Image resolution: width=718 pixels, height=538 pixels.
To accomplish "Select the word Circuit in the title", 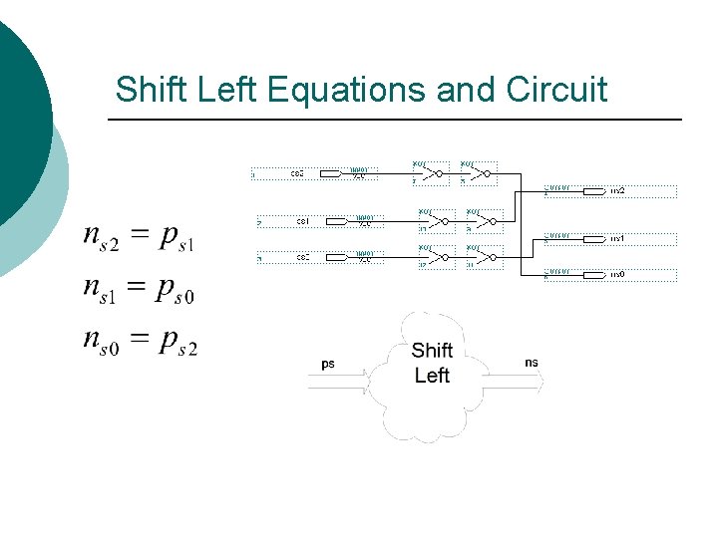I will (556, 90).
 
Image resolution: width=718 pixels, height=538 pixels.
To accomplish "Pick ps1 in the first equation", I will (176, 238).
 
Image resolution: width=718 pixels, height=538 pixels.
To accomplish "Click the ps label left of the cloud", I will (329, 364).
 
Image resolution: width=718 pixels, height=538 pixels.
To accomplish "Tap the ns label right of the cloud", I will (532, 363).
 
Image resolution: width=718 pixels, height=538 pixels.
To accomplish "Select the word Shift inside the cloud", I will (432, 351).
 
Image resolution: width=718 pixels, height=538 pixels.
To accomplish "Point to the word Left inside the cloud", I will (432, 376).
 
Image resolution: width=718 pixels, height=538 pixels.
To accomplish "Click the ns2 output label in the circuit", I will (617, 189).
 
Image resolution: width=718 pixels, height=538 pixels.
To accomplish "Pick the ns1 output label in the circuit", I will (617, 239).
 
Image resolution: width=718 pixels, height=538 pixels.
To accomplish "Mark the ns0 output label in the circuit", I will (617, 273).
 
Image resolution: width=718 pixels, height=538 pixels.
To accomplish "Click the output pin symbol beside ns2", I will (593, 189).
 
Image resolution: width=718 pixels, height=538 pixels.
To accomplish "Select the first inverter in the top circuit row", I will (431, 174).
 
